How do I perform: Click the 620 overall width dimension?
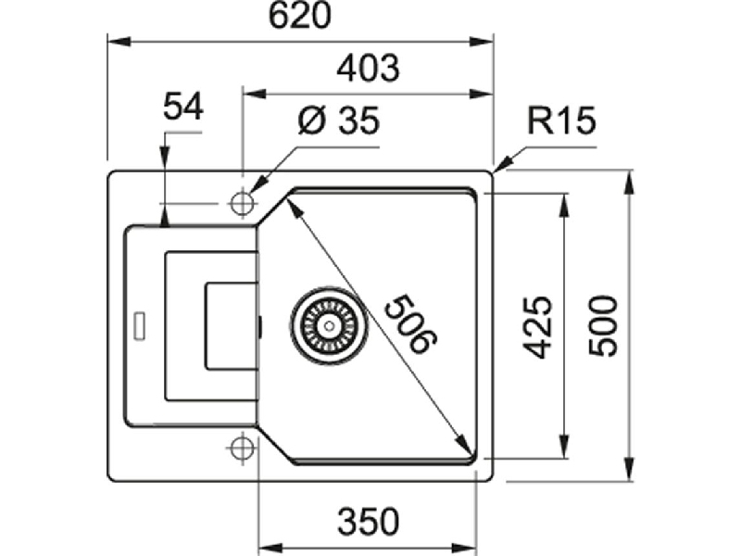(299, 16)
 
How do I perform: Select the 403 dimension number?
(368, 68)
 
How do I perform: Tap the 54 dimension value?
(182, 107)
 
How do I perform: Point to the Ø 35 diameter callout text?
(339, 120)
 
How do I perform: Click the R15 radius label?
(561, 120)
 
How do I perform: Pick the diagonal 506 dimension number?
(410, 323)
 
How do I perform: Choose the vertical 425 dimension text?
(538, 327)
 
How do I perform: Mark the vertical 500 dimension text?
(604, 326)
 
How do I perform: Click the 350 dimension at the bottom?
(368, 522)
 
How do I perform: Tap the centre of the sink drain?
(329, 325)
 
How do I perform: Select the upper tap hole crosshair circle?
(243, 204)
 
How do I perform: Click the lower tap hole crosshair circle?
(243, 448)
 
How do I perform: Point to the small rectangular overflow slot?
(140, 325)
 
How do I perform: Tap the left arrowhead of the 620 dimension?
(119, 43)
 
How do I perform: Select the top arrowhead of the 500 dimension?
(629, 182)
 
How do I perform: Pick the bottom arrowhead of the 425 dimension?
(563, 447)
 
